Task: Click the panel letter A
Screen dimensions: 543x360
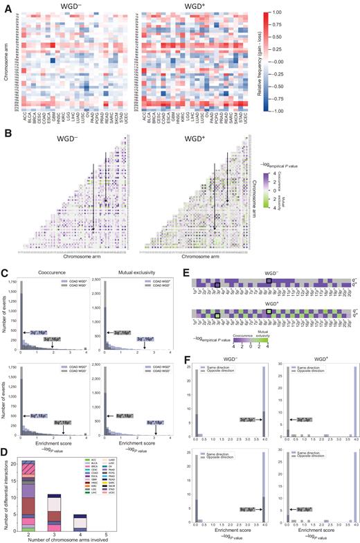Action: [x=5, y=6]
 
